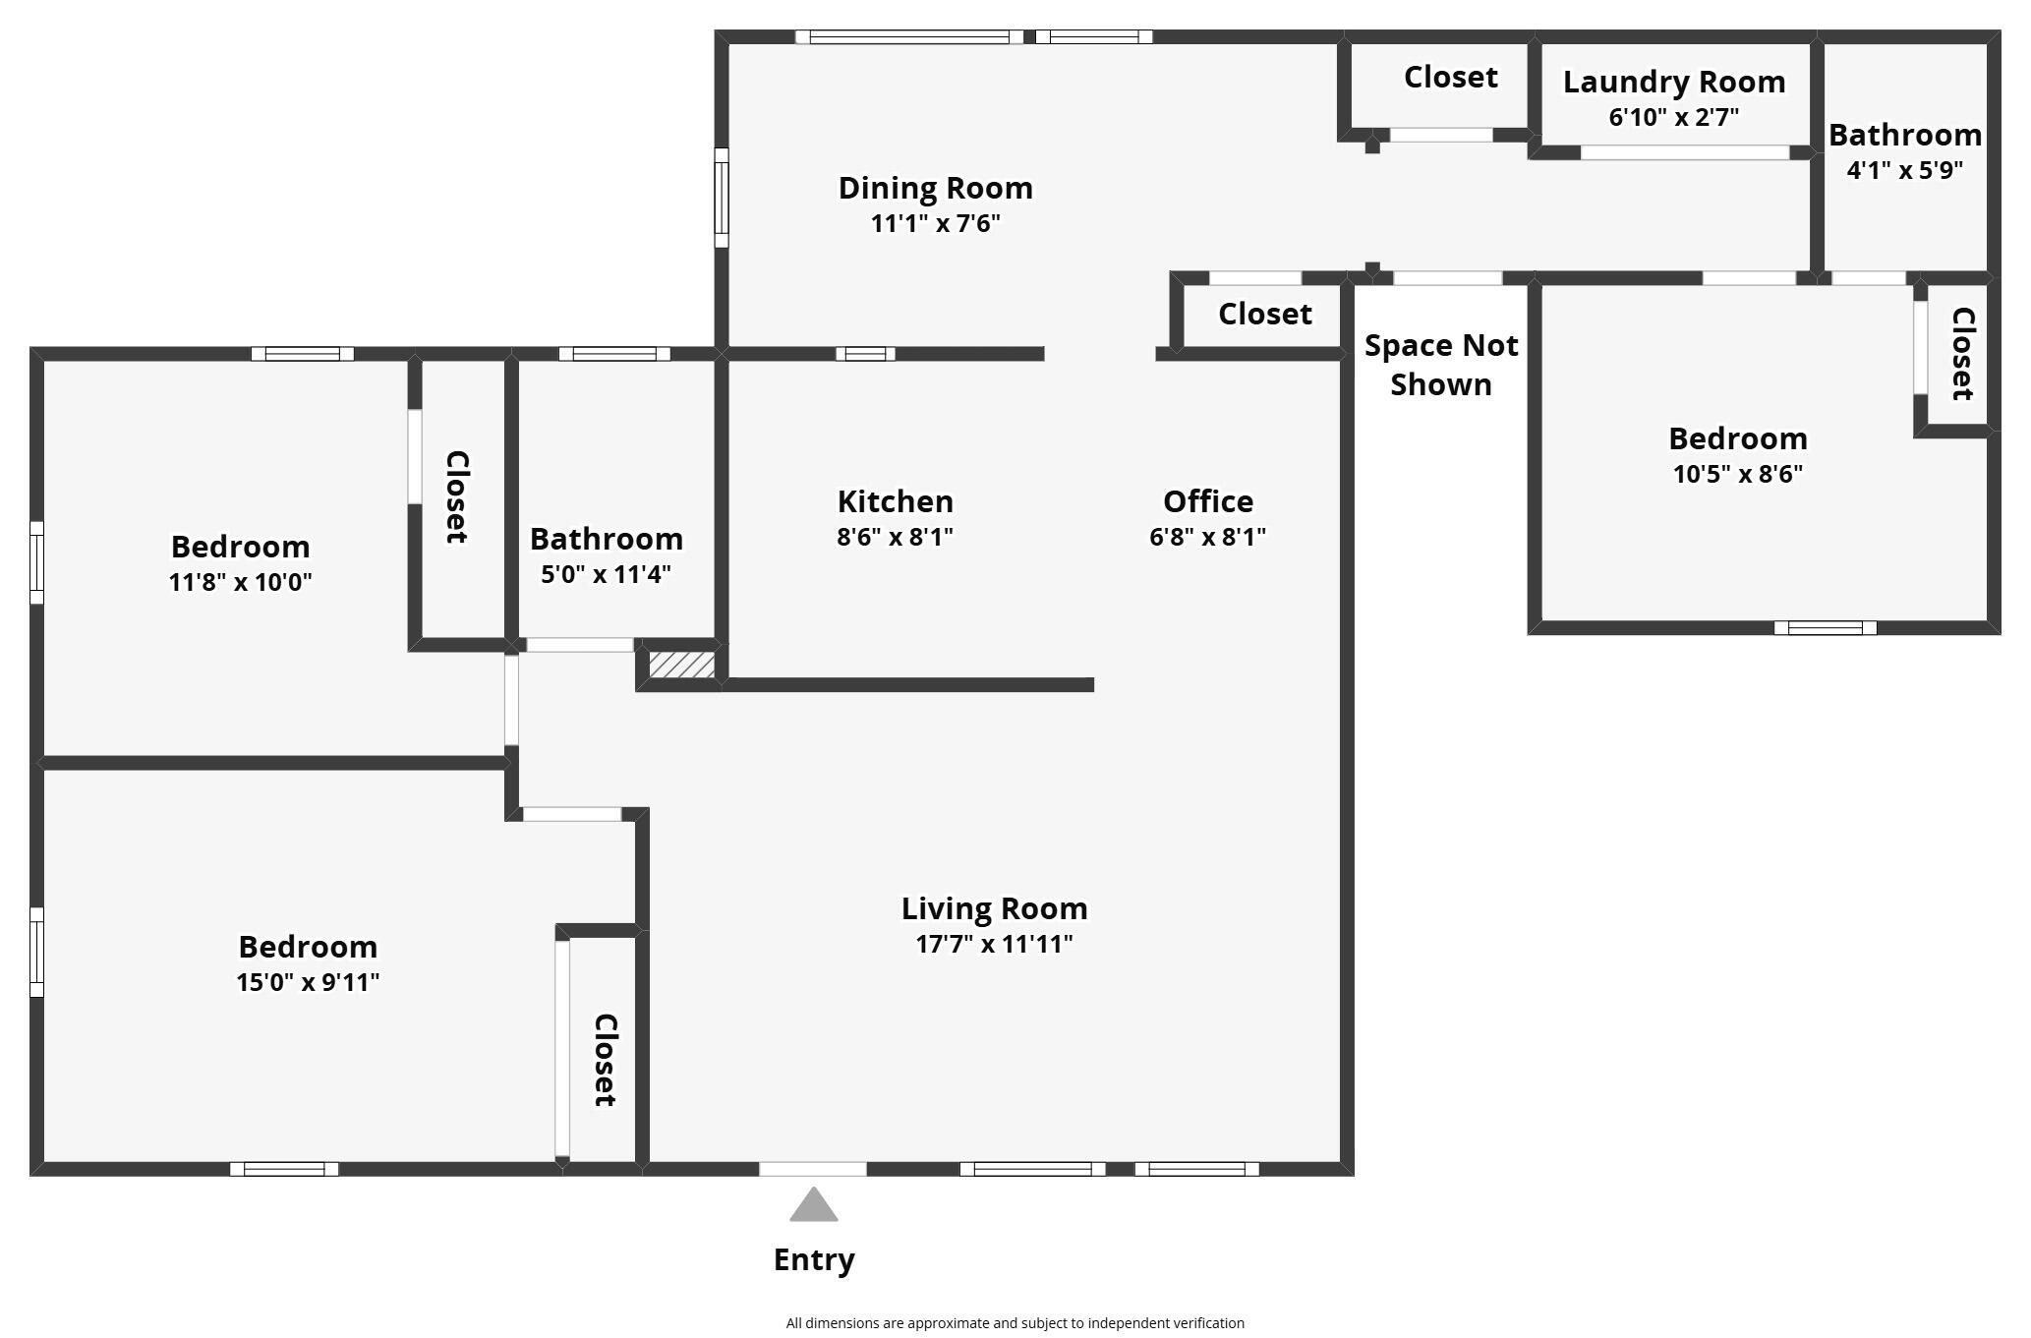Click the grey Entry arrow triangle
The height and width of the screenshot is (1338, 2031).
coord(813,1207)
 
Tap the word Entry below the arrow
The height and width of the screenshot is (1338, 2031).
coord(814,1259)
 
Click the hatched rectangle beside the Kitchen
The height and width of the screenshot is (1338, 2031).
coord(681,665)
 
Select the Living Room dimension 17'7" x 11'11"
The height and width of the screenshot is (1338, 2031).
coord(994,944)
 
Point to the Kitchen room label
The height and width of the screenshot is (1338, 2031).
coord(895,501)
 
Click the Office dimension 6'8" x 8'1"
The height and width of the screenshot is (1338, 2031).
coord(1207,537)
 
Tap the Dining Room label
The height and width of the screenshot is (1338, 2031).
coord(935,188)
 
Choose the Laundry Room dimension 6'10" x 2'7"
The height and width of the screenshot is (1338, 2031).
coord(1673,117)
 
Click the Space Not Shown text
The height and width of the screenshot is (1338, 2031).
coord(1441,365)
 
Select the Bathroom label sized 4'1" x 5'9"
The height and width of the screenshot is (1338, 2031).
coord(1904,135)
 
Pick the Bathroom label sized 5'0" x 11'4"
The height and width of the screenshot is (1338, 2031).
coord(606,539)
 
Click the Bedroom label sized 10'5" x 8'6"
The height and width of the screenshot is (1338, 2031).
coord(1737,438)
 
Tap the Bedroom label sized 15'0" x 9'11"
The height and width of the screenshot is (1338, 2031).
coord(308,947)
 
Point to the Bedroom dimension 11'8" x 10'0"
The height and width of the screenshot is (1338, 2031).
coord(240,582)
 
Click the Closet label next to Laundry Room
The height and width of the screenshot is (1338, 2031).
coord(1450,77)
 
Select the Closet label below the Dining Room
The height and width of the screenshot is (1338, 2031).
coord(1264,314)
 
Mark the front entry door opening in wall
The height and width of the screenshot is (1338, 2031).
coord(812,1169)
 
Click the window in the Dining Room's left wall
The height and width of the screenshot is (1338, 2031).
coord(721,198)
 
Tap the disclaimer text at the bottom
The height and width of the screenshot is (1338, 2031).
coord(1015,1323)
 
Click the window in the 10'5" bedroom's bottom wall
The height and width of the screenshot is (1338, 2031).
coord(1825,628)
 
